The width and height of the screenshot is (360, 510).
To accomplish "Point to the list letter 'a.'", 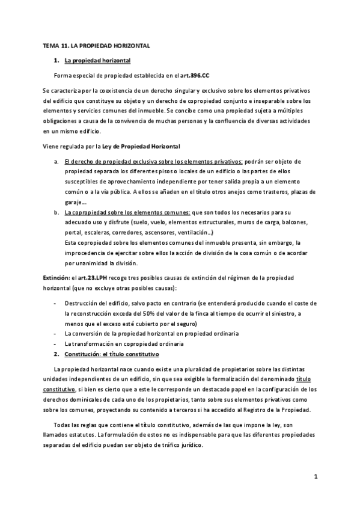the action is (56, 162).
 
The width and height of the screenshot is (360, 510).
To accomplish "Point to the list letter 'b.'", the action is (56, 212).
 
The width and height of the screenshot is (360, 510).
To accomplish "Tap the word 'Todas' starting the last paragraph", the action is (63, 425).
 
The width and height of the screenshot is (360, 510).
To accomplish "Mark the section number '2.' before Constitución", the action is (56, 353).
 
